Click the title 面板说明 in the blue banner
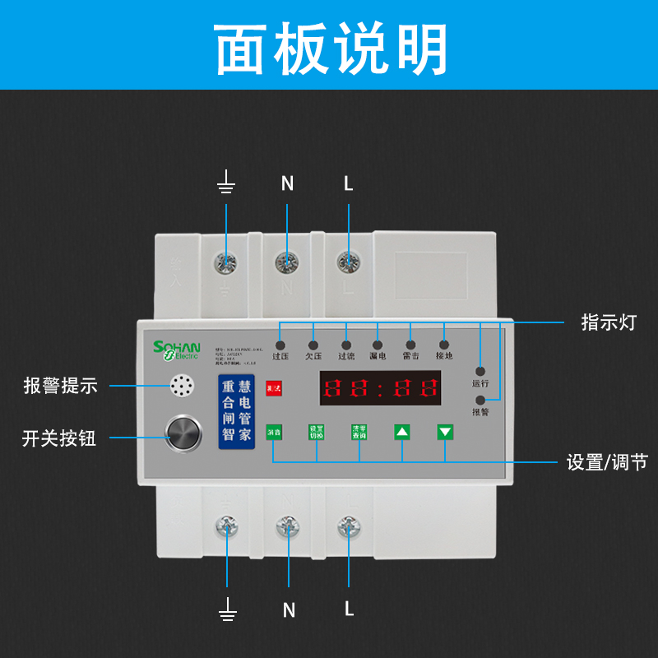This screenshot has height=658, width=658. pos(330,49)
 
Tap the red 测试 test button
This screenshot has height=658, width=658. pos(273,387)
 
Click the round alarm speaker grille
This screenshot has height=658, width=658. pos(183,386)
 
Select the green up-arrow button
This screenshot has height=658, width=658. pos(401,431)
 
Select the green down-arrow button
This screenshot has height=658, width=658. pos(445,431)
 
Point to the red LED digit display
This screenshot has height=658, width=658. pos(380,387)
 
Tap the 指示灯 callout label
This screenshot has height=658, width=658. pos(609,322)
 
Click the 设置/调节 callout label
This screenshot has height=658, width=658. pos(607,462)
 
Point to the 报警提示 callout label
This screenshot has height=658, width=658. pos(60,385)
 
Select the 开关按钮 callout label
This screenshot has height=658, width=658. pos(59,438)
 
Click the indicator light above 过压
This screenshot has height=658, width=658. pos(280,345)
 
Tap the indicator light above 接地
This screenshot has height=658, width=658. pos(443,345)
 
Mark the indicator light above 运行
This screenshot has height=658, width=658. pos(480,371)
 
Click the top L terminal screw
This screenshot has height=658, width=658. pos(349,262)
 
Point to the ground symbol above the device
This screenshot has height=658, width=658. pos(226,183)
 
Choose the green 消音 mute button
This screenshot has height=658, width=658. pos(273,431)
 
